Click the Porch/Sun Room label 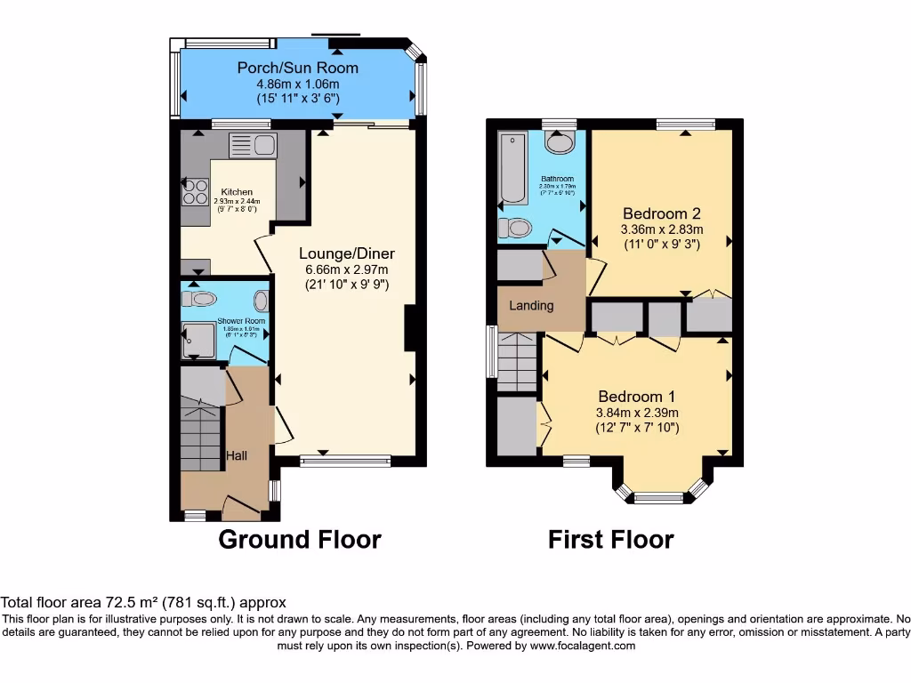point(297,68)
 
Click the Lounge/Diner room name point(346,253)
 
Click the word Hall point(236,455)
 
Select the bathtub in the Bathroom point(512,168)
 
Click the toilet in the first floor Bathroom point(515,229)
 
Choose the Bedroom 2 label point(661,213)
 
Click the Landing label point(531,306)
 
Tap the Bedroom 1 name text point(637,397)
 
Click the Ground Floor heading point(300,539)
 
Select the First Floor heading point(610,539)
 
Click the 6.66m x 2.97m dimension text point(346,269)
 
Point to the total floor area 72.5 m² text point(143,602)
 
